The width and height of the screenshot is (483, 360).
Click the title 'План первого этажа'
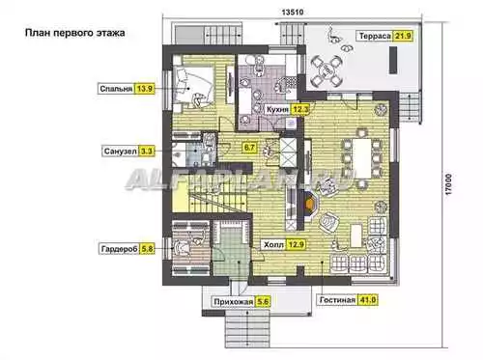(x=75, y=33)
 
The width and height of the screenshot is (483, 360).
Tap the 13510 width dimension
(x=293, y=13)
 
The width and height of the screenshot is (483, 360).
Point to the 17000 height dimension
(x=448, y=184)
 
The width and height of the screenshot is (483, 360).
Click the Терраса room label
(x=375, y=36)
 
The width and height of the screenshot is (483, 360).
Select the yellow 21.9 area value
(x=403, y=36)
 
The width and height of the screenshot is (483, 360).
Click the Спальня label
(x=116, y=89)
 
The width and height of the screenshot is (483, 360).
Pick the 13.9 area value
(x=145, y=89)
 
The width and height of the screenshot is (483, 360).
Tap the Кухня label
(x=277, y=109)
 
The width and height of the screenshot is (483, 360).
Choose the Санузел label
(x=121, y=151)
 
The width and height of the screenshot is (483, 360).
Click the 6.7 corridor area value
(x=249, y=148)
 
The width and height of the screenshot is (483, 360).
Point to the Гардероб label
(x=120, y=249)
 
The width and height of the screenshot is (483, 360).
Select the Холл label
(x=273, y=245)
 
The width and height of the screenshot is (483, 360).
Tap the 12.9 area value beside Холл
(x=296, y=244)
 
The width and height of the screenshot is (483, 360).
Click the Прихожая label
(x=234, y=302)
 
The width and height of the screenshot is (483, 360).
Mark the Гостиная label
(x=337, y=300)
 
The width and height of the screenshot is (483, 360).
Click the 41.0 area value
(x=367, y=300)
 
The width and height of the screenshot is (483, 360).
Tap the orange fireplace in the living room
(x=310, y=204)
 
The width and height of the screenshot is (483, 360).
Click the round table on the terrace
(x=326, y=71)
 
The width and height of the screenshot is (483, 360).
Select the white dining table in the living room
(x=362, y=158)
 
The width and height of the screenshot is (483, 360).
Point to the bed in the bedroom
(x=192, y=85)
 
